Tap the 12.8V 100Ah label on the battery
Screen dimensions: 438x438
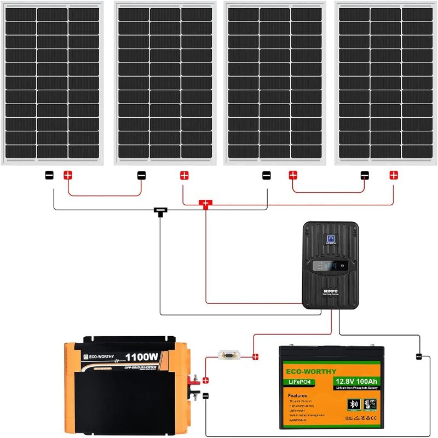click(x=356, y=381)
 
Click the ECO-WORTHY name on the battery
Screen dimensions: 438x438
click(x=310, y=371)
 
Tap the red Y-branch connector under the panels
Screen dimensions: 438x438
click(x=206, y=204)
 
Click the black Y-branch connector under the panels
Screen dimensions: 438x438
click(x=160, y=210)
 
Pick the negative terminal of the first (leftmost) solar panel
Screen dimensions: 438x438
click(x=49, y=175)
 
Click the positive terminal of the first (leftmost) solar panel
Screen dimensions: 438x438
click(x=67, y=175)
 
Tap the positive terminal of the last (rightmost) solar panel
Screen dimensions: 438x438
click(x=393, y=175)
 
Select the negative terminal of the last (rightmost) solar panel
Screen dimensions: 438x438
click(x=365, y=175)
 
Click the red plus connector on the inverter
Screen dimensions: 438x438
click(x=205, y=380)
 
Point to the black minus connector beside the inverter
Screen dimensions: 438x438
click(x=206, y=395)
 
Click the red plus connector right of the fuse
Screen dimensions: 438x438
click(x=255, y=357)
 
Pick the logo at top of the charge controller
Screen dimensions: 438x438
click(x=330, y=238)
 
